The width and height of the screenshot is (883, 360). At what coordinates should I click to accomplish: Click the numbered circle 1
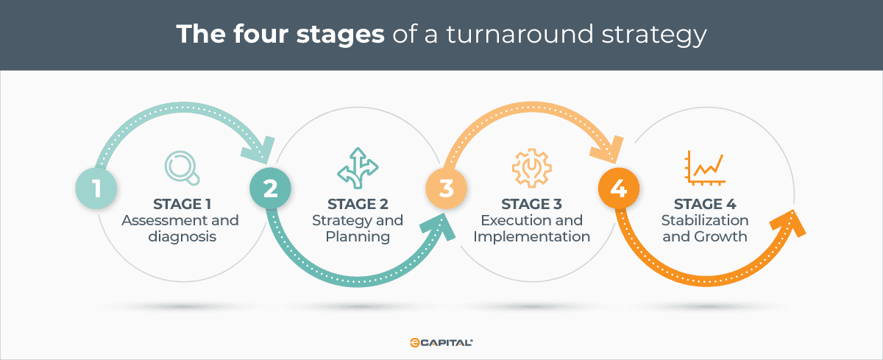tap(96, 188)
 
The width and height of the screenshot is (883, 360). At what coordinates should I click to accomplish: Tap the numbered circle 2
tap(270, 188)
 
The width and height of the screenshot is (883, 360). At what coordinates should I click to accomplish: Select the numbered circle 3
tap(446, 188)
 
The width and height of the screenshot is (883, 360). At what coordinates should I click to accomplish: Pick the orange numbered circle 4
tap(619, 188)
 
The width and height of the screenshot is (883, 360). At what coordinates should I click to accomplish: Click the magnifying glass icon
tap(180, 168)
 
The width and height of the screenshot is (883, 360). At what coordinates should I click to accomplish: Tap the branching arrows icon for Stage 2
tap(355, 166)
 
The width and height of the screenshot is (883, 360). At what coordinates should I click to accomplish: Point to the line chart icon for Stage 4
tap(704, 167)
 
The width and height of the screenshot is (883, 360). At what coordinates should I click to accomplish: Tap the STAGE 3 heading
tap(531, 204)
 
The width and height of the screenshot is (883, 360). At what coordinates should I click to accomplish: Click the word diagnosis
tap(180, 237)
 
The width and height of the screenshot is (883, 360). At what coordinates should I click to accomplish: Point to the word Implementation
tap(531, 237)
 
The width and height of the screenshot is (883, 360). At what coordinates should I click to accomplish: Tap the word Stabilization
tap(704, 221)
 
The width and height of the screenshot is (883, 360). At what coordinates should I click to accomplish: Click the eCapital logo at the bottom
tap(441, 343)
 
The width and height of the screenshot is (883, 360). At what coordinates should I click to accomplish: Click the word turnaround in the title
tap(545, 35)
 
